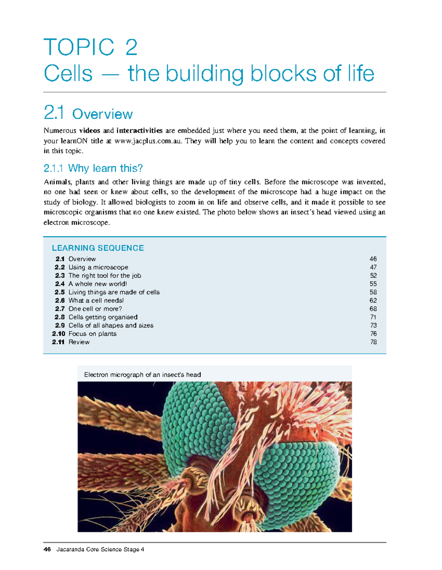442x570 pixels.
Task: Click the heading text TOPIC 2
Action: point(91,47)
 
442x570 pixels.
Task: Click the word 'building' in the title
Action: point(204,74)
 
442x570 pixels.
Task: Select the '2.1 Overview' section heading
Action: point(88,113)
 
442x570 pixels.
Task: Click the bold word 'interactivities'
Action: point(139,131)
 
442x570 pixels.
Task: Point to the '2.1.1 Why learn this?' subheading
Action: point(93,168)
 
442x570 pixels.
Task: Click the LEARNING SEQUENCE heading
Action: point(98,248)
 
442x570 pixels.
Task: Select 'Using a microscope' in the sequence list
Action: point(98,267)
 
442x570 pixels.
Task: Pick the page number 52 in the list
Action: point(373,276)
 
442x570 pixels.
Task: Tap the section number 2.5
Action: point(60,292)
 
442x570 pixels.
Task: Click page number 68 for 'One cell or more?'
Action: point(373,309)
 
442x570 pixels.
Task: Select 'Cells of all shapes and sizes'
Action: point(111,325)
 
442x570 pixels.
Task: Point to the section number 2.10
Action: point(59,334)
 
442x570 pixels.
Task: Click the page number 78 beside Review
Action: point(373,342)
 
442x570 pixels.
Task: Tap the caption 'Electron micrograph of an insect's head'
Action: point(143,375)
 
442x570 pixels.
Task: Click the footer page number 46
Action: point(47,549)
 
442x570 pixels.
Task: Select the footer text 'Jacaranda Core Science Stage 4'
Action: point(100,549)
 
